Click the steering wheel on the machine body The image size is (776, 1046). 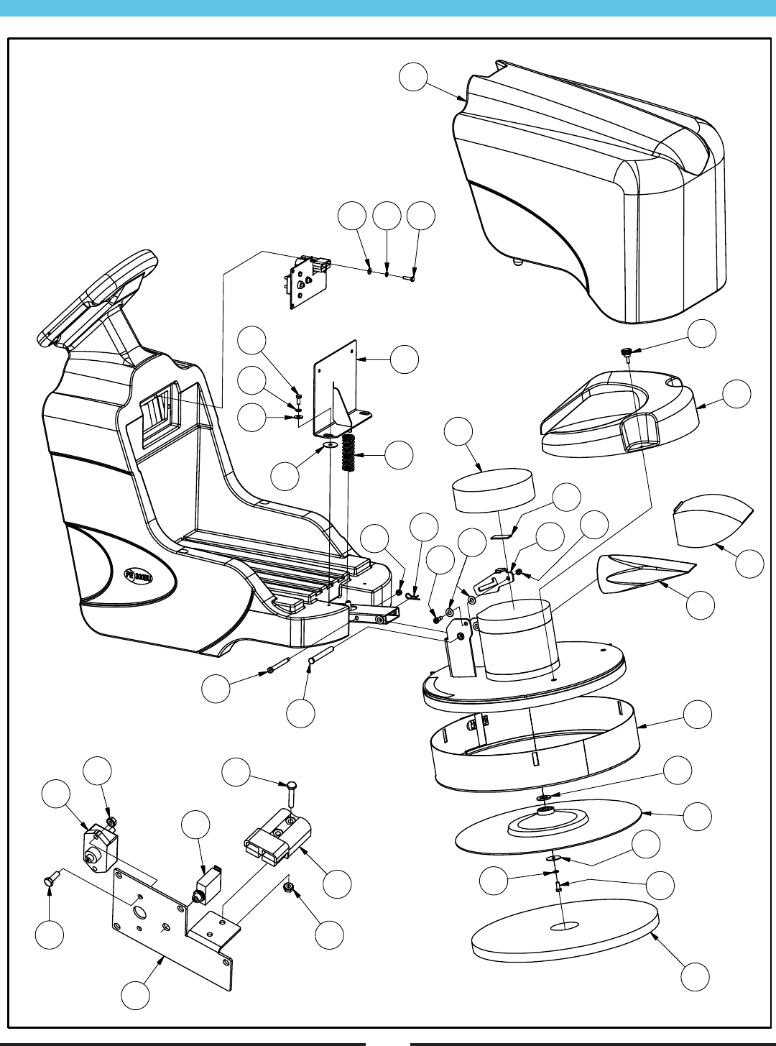[x=101, y=295]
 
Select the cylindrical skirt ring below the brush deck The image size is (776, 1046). [x=535, y=748]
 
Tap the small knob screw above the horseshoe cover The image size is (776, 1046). [x=627, y=352]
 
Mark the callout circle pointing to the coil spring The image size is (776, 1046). [x=399, y=454]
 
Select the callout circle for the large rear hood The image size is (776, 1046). [x=414, y=77]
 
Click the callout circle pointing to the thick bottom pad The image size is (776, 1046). [x=695, y=977]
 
